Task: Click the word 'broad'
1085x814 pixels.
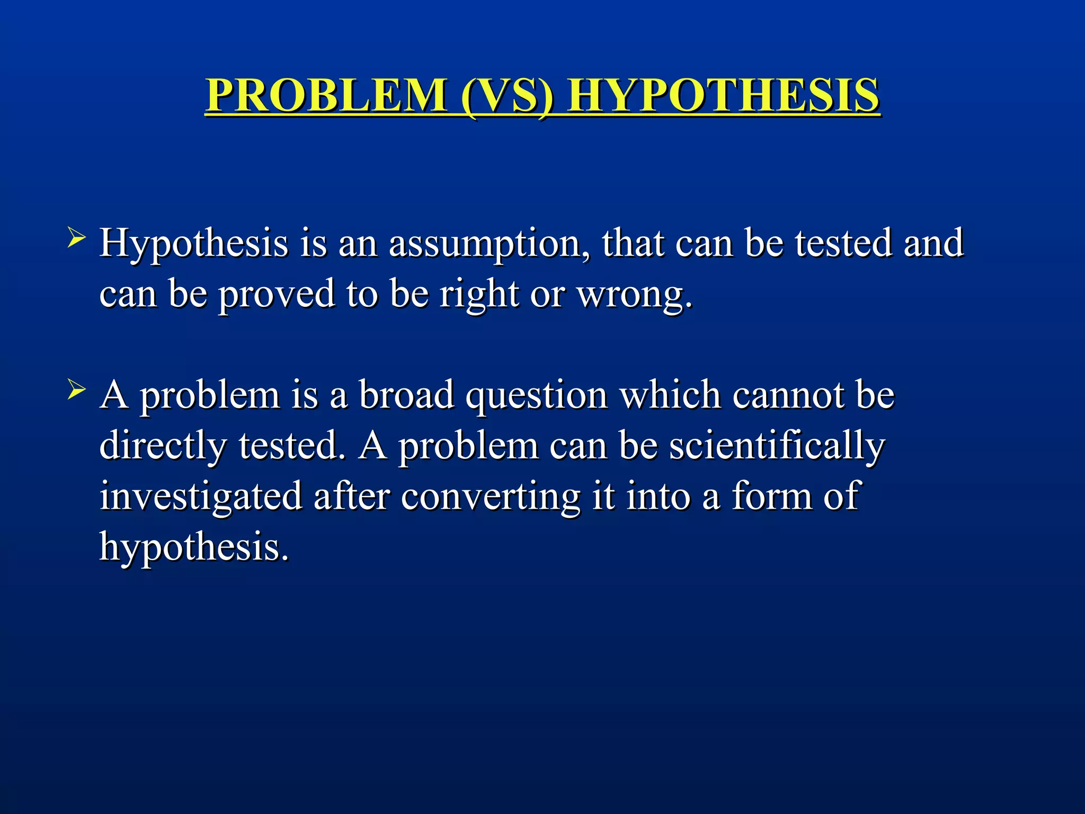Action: click(x=406, y=395)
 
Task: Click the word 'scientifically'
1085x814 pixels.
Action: click(x=777, y=446)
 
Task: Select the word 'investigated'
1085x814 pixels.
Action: click(x=201, y=497)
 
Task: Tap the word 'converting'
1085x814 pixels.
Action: click(x=491, y=497)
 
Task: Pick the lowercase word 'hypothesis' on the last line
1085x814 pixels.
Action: click(x=194, y=547)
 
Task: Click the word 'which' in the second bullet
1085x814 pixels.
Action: click(x=670, y=395)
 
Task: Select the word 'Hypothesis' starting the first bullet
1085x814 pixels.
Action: click(x=194, y=244)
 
